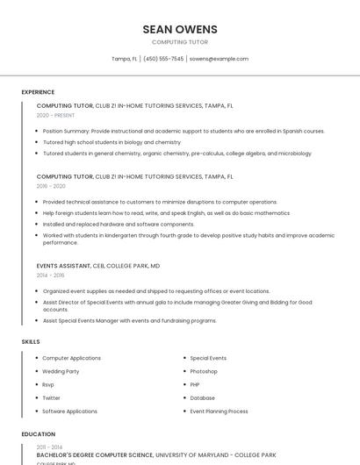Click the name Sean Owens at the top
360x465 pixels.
pos(180,29)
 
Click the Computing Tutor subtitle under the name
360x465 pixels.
pos(180,42)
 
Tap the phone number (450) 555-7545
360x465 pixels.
pos(163,59)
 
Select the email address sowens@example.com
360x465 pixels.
pos(219,59)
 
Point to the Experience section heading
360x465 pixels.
pos(38,92)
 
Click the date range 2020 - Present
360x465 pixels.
pos(55,115)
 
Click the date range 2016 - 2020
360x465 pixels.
pos(51,186)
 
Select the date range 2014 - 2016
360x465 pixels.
pos(51,275)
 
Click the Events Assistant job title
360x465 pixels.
pos(62,265)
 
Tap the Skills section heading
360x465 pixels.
pos(31,341)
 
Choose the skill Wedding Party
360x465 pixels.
pos(61,371)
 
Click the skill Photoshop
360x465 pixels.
pos(204,371)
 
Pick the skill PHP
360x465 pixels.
pos(196,384)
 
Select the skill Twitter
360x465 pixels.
pos(52,397)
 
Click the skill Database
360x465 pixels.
pos(202,397)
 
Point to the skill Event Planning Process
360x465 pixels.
pos(219,411)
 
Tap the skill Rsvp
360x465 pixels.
pos(48,384)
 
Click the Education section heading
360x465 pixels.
pos(39,434)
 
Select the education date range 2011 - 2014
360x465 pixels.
pos(49,447)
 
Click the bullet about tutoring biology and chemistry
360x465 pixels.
pos(112,142)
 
